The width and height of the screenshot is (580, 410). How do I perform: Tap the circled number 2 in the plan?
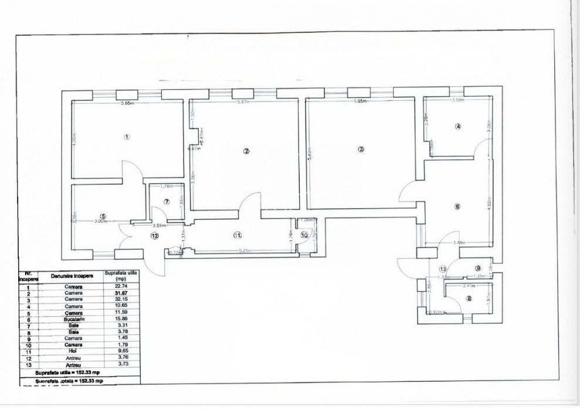coord(246,151)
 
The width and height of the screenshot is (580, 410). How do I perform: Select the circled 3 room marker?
coord(361,149)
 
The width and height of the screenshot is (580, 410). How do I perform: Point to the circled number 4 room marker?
coord(458,126)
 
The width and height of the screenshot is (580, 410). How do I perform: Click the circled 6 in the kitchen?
coord(457,206)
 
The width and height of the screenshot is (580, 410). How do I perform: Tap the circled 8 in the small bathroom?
coord(468,297)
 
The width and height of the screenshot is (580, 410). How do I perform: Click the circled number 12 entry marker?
coord(154,236)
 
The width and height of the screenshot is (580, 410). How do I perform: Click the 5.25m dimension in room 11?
coord(245,250)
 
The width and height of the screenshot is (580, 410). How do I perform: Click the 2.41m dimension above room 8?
coord(468,286)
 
